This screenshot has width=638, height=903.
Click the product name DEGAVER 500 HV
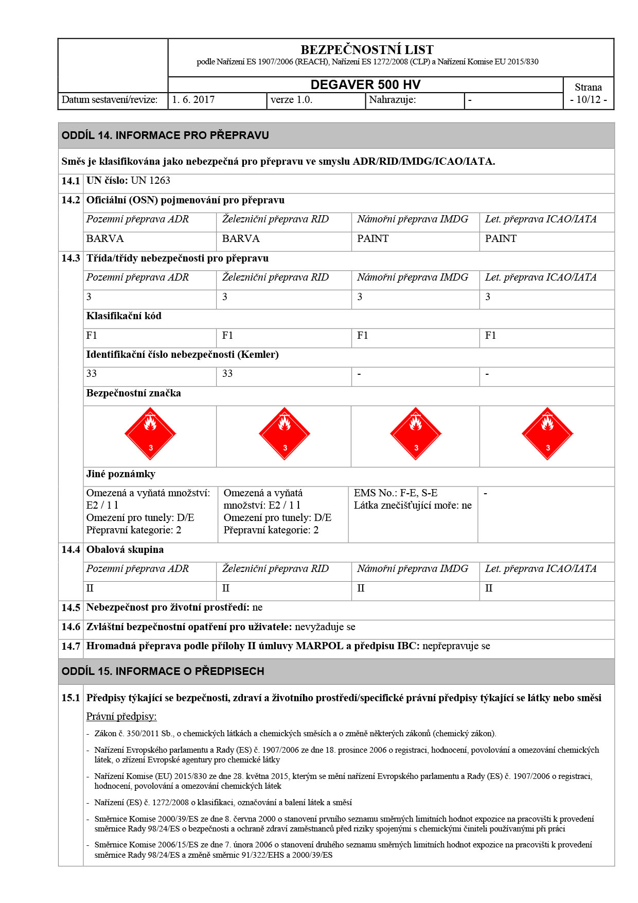pos(365,85)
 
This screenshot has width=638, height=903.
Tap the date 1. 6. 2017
pos(193,100)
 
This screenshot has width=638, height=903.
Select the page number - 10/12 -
pos(588,100)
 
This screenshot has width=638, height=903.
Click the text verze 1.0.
pos(291,100)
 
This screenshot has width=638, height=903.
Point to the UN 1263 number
pos(150,181)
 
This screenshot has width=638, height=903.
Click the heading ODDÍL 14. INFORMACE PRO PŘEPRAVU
pos(165,135)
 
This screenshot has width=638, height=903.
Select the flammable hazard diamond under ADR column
pos(150,434)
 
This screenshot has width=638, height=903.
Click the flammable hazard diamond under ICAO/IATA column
pos(547,434)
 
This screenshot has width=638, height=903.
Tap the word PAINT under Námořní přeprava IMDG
pos(373,239)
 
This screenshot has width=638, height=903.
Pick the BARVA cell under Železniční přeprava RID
pos(241,239)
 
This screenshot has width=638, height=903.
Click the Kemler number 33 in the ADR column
pos(92,374)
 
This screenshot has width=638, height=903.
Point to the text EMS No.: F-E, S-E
pos(396,493)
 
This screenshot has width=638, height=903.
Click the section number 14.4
pos(70,550)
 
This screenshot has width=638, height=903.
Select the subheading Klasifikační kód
pos(124,316)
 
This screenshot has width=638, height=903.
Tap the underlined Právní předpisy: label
pos(121,717)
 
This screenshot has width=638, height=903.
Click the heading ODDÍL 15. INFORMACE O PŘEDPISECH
pos(163,671)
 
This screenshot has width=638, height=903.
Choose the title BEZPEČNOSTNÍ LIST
pos(367,50)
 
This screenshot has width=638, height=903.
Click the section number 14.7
pos(70,646)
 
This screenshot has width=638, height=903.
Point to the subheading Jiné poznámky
pos(121,474)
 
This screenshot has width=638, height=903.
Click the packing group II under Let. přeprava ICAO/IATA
pos(489,588)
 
